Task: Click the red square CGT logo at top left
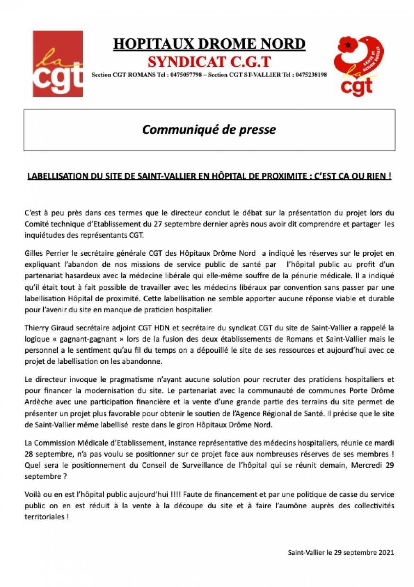(x=58, y=63)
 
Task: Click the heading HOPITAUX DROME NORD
(x=209, y=44)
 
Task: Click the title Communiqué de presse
(x=209, y=130)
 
